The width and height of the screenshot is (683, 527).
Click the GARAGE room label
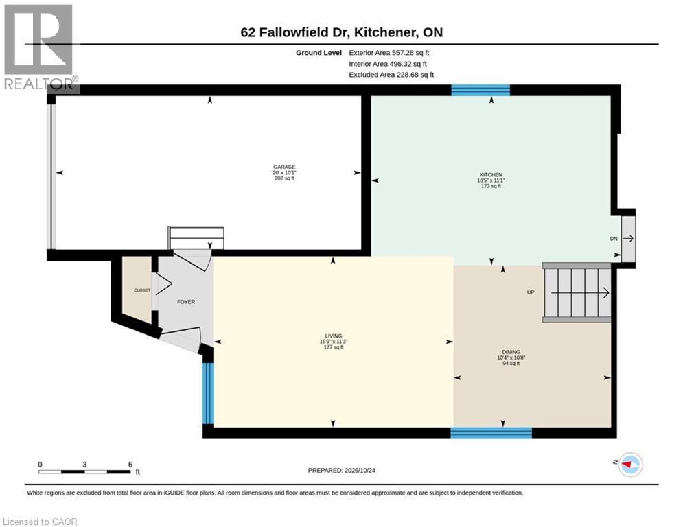[x=284, y=167]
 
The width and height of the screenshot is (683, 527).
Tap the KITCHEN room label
[x=491, y=175]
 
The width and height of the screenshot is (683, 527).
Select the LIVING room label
[x=333, y=336]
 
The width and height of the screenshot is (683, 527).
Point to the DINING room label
[x=511, y=352]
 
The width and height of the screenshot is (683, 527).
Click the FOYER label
[x=186, y=301]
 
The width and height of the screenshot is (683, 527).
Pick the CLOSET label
[x=142, y=290]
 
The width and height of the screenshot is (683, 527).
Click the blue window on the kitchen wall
[x=481, y=90]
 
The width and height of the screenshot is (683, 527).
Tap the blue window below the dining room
[x=491, y=432]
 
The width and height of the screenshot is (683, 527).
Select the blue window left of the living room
[x=209, y=393]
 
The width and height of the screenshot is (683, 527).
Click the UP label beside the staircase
[x=531, y=292]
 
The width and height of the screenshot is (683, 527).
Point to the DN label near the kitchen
[x=614, y=239]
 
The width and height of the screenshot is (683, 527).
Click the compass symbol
[x=630, y=465]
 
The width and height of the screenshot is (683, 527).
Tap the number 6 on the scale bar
[x=130, y=465]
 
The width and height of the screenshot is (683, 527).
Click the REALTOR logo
[x=40, y=48]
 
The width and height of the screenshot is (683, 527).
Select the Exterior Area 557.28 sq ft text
[x=389, y=53]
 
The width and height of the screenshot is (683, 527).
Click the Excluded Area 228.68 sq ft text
[x=391, y=75]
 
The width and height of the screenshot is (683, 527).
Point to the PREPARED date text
[x=342, y=470]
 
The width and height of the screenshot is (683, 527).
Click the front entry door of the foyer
[x=181, y=339]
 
